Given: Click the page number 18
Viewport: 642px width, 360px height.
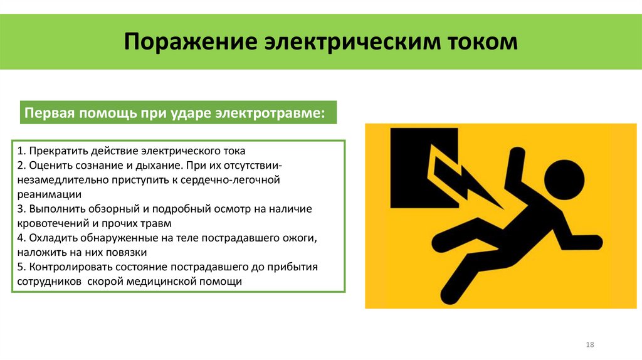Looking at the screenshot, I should coord(589,346).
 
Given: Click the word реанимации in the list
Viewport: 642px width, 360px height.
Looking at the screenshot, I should coord(46,195).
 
